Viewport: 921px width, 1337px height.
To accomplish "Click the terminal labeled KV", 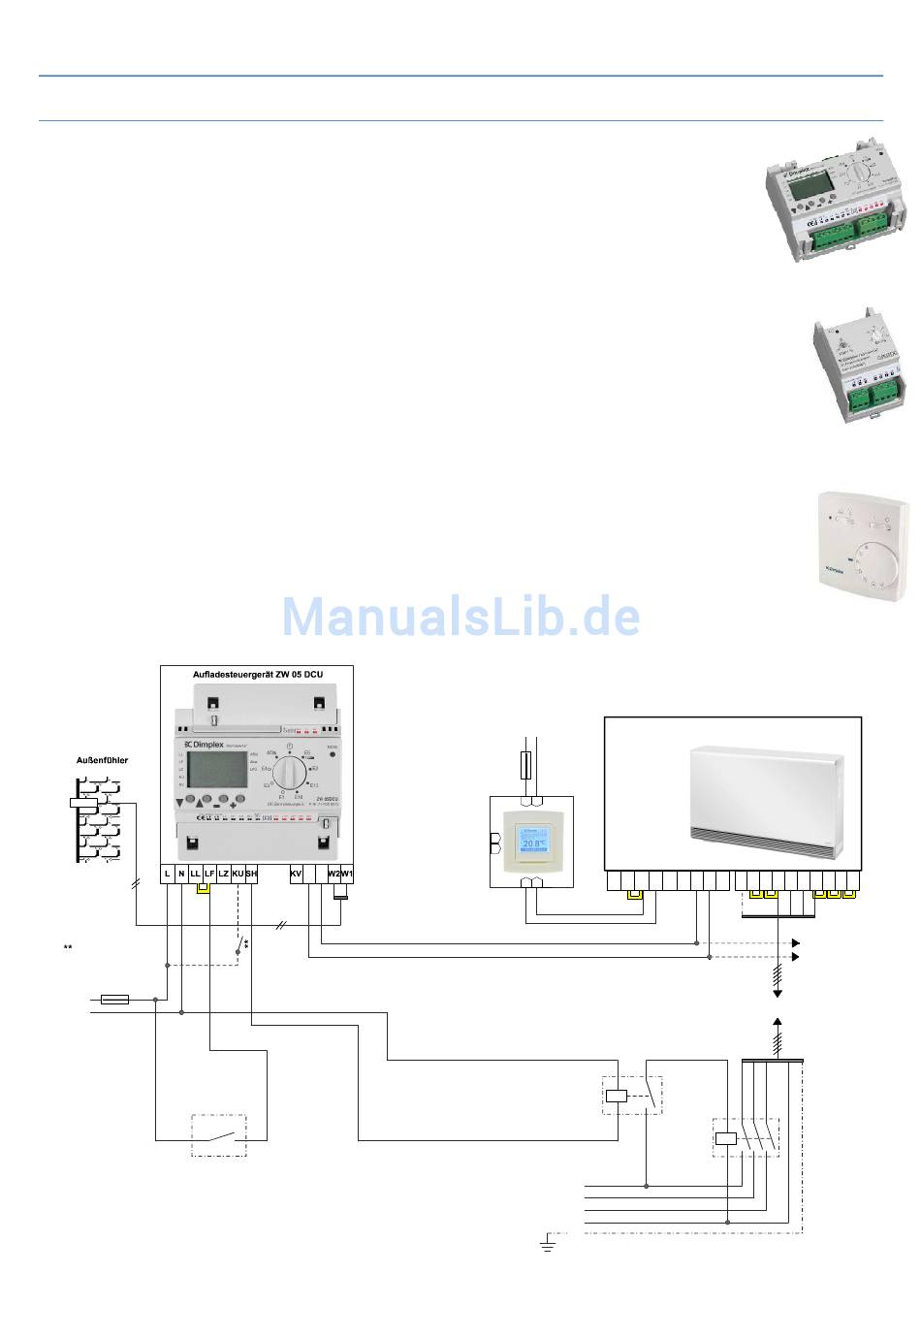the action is coord(296,874).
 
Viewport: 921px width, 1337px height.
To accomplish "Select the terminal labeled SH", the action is coord(251,874).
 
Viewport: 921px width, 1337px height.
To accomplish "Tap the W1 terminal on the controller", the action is coord(346,874).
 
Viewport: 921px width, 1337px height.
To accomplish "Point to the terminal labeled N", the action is coord(181,874).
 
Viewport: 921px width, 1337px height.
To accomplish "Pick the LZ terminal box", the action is coord(223,874).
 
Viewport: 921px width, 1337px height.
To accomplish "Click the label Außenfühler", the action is coord(102,760).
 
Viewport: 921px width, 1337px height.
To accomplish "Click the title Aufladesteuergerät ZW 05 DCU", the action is coord(256,672).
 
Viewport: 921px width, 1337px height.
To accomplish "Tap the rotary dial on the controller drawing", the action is coord(290,775).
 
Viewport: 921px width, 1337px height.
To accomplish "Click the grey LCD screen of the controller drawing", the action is coord(214,772).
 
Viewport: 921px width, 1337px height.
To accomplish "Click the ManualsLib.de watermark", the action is coord(460,616).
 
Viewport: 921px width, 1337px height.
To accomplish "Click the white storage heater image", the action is coord(762,804).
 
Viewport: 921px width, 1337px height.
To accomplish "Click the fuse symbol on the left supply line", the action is coord(115,998).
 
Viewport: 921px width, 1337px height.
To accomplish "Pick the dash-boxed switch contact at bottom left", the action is coord(218,1135).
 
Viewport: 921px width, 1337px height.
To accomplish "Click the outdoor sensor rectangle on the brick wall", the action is coord(84,803).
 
